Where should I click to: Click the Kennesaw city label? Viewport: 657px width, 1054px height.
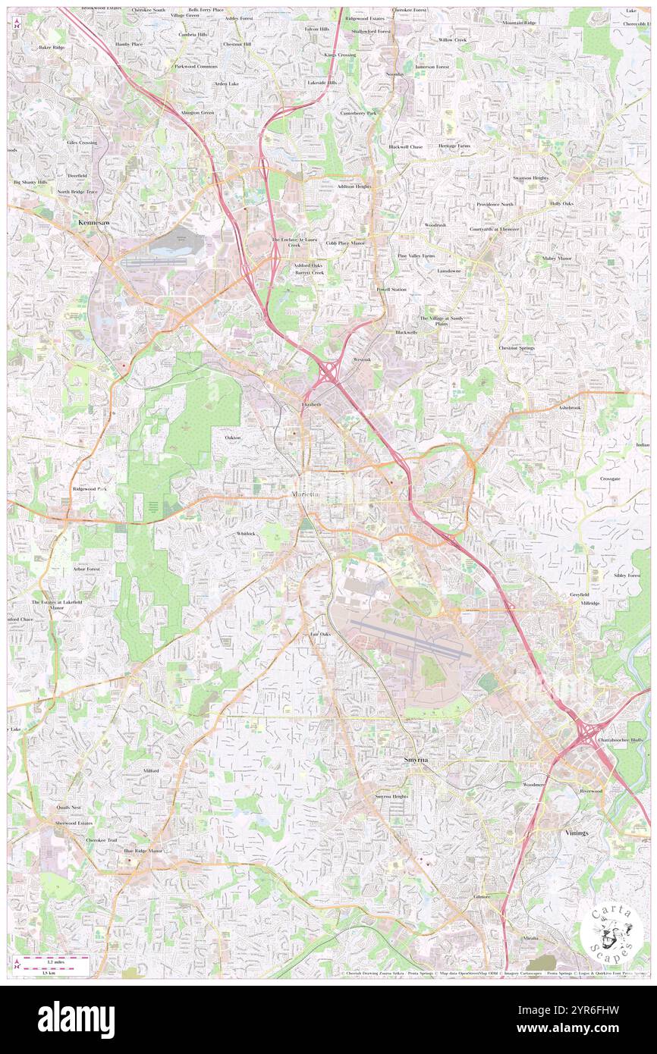pyautogui.click(x=96, y=223)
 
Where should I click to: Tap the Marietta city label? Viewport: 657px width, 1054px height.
pyautogui.click(x=306, y=495)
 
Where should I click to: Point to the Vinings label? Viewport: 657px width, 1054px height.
pyautogui.click(x=577, y=833)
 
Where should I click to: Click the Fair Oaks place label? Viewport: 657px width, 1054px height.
pyautogui.click(x=320, y=634)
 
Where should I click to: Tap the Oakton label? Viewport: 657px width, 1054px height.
pyautogui.click(x=233, y=438)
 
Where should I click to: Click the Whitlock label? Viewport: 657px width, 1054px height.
pyautogui.click(x=246, y=534)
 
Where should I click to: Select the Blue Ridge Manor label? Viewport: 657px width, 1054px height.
pyautogui.click(x=143, y=851)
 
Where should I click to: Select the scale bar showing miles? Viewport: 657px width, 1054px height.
pyautogui.click(x=53, y=960)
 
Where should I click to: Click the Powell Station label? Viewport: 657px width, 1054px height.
pyautogui.click(x=391, y=290)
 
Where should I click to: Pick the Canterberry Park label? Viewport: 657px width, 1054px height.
pyautogui.click(x=358, y=113)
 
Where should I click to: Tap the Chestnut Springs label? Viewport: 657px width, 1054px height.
pyautogui.click(x=516, y=348)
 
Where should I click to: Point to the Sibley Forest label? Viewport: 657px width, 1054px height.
pyautogui.click(x=627, y=576)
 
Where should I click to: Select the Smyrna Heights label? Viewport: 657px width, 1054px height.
pyautogui.click(x=391, y=796)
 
